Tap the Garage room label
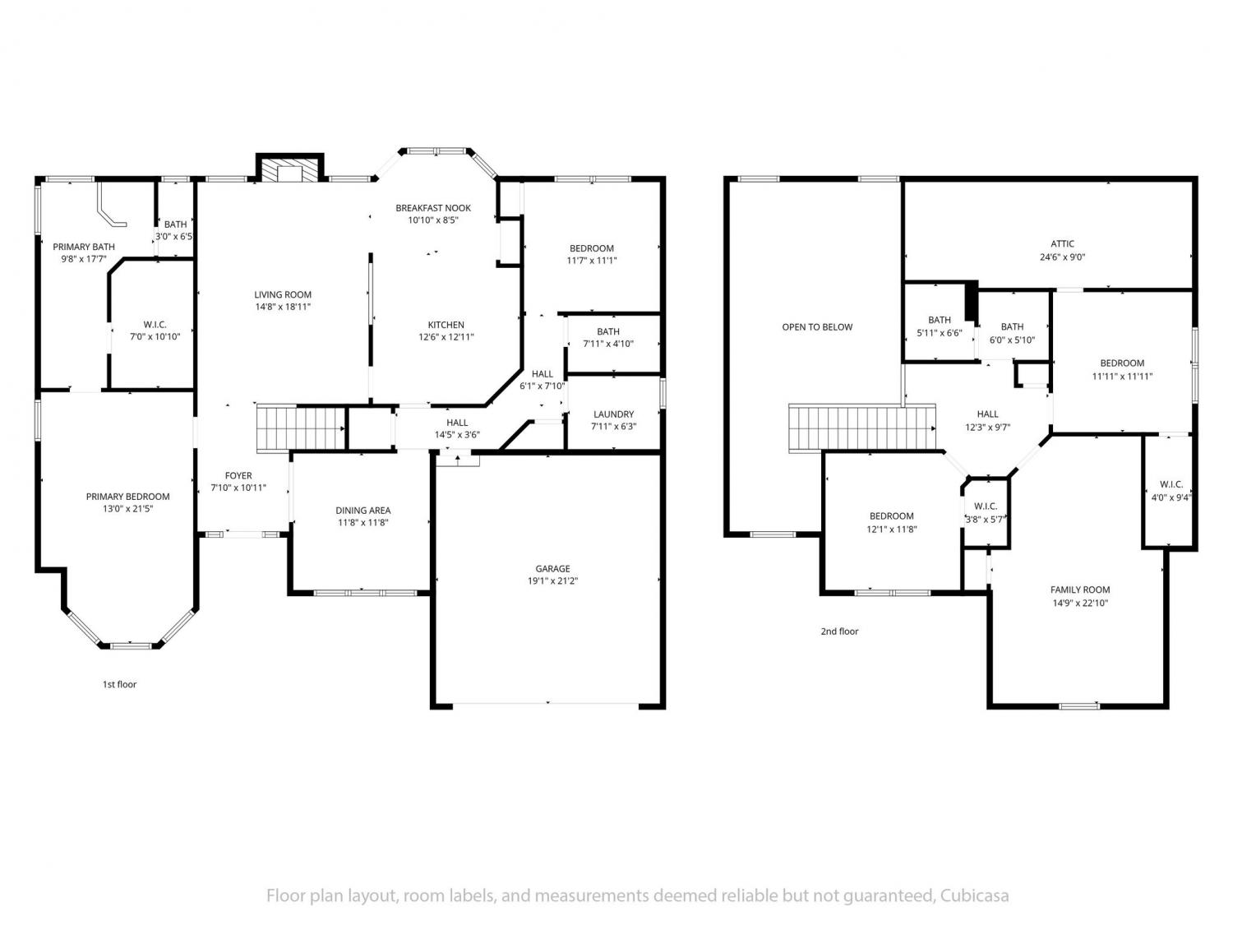point(552,568)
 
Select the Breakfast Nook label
point(433,208)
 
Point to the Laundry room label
point(613,414)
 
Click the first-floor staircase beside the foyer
point(301,428)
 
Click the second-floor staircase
point(862,428)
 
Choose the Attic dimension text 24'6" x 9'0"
point(1062,257)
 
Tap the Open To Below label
point(817,327)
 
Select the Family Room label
point(1080,590)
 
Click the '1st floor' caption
point(120,684)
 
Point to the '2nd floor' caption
point(840,631)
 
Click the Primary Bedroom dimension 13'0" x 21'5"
point(128,509)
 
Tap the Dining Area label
point(363,510)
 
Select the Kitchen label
point(446,325)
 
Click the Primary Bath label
point(84,247)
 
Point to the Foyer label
point(238,475)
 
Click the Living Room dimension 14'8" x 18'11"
point(283,307)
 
